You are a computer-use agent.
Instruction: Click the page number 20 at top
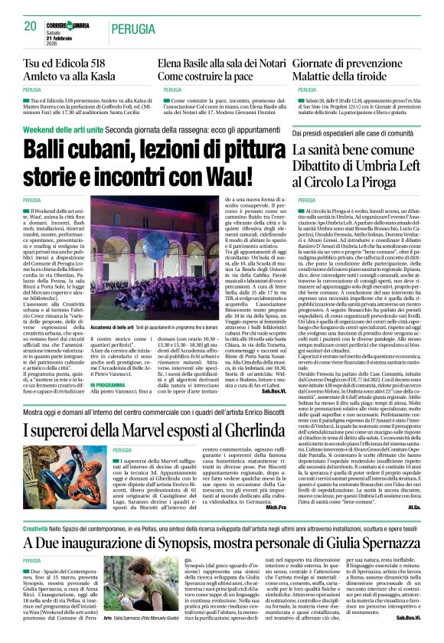pyautogui.click(x=30, y=26)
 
